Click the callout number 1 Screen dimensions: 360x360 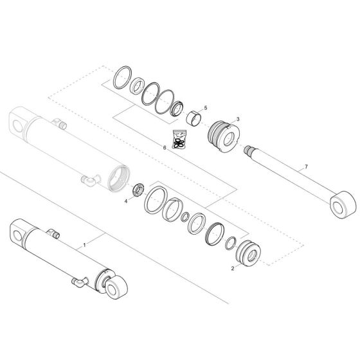click(84, 245)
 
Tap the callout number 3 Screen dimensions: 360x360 click(238, 119)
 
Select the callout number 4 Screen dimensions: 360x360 click(126, 201)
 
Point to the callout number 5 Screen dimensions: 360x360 click(205, 107)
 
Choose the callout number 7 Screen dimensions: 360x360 click(306, 166)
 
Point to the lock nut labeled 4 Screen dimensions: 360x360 click(137, 191)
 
